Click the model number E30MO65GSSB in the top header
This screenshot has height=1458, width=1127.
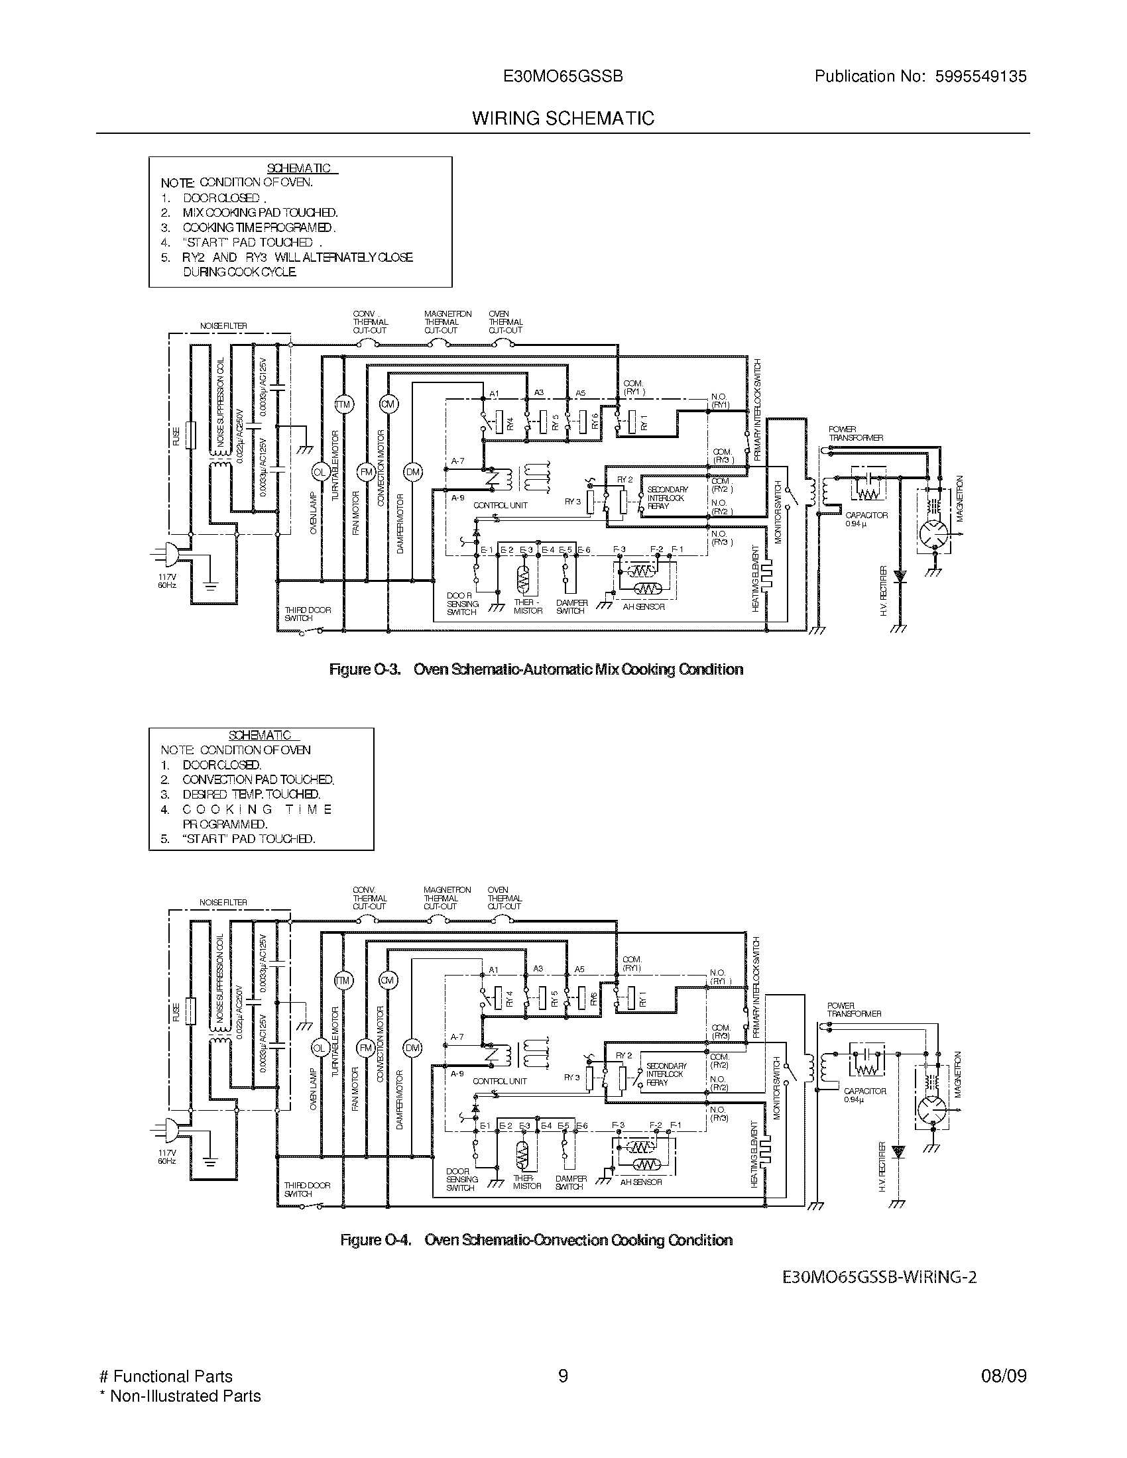click(563, 77)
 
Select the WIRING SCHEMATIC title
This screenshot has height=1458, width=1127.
click(563, 119)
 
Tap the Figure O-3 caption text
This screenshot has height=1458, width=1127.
click(536, 669)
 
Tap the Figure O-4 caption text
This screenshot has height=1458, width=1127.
click(536, 1240)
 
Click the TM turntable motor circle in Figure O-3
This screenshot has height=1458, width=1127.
click(343, 404)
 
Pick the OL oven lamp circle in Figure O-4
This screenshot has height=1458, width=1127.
click(319, 1049)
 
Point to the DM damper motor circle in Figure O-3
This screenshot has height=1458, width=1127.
click(413, 473)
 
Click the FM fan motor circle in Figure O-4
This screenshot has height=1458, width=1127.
click(365, 1049)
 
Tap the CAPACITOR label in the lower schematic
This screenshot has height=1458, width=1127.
click(864, 1091)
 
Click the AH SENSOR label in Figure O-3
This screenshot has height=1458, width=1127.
click(643, 607)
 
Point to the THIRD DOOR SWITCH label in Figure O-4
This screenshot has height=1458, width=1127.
click(307, 1190)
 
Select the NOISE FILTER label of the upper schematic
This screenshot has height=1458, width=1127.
click(223, 326)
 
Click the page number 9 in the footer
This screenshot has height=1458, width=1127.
click(563, 1376)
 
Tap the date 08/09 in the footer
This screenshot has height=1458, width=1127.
click(1004, 1376)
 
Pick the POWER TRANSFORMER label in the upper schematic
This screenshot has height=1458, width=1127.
click(855, 434)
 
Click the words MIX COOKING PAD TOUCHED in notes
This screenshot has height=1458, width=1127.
click(261, 213)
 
